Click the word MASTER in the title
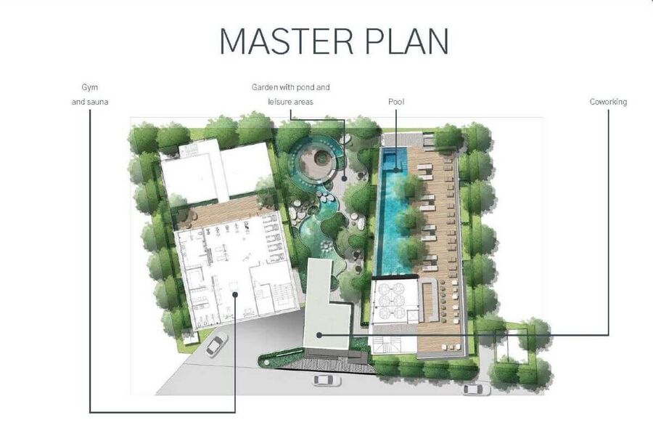(x=287, y=41)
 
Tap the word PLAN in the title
(x=408, y=41)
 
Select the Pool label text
(x=396, y=102)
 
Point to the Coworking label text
(x=608, y=102)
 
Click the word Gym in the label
(x=90, y=88)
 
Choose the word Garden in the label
(x=264, y=87)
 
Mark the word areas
(x=305, y=102)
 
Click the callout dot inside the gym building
(x=235, y=294)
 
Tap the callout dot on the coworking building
(x=319, y=335)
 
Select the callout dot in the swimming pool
(x=396, y=170)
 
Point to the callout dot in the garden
(x=345, y=178)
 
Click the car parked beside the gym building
(x=215, y=344)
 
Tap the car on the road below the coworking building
(x=327, y=380)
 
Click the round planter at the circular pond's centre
(x=321, y=158)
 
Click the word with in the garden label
(x=287, y=87)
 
